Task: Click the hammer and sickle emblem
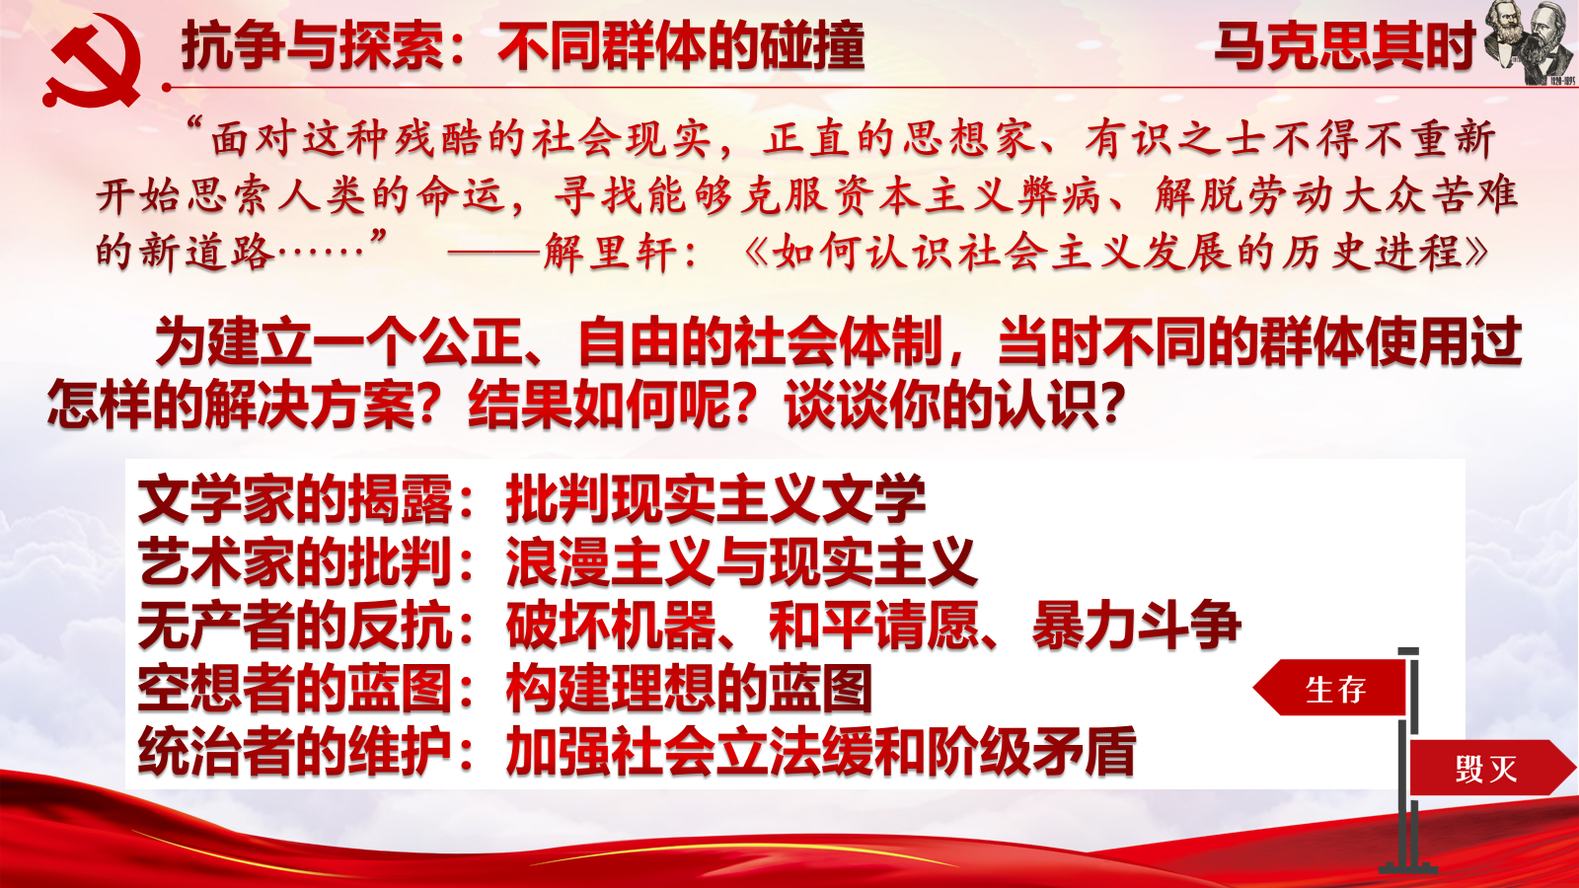(x=92, y=60)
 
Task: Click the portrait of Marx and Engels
(x=1529, y=43)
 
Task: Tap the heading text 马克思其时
(x=1344, y=46)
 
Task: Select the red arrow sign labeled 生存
(x=1329, y=688)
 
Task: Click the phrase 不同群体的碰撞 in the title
(x=681, y=46)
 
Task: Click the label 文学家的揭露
(x=295, y=499)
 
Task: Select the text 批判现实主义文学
(x=715, y=499)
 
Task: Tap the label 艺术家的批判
(x=295, y=562)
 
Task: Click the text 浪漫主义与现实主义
(x=741, y=562)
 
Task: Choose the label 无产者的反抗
(x=295, y=626)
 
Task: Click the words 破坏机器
(x=611, y=626)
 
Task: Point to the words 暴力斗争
(x=1136, y=626)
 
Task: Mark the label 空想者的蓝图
(x=295, y=689)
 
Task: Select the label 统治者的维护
(x=295, y=751)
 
